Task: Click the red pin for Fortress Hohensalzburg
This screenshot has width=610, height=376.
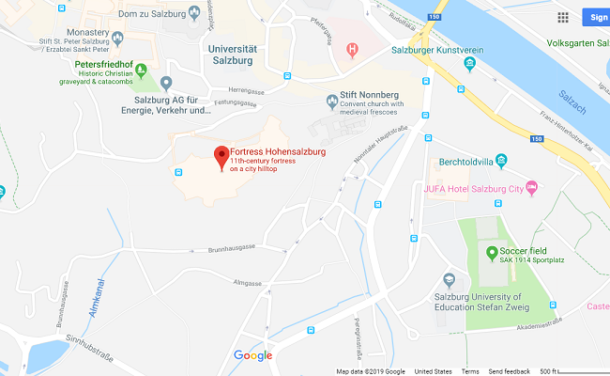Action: point(221,156)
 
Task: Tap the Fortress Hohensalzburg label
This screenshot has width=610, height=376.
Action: point(277,153)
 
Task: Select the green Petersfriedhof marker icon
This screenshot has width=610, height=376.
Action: point(141,69)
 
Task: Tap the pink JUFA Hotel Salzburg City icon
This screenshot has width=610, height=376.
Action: point(531,188)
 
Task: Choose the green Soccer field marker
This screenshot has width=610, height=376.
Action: point(491,252)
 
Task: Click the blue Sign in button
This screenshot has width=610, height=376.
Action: point(596,16)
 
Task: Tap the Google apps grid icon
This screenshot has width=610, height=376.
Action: point(563,16)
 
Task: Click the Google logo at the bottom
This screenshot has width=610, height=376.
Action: point(252,355)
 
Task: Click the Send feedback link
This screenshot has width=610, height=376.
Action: point(509,371)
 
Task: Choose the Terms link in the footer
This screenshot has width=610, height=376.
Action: point(469,371)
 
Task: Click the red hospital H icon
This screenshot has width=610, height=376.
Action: point(352,49)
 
